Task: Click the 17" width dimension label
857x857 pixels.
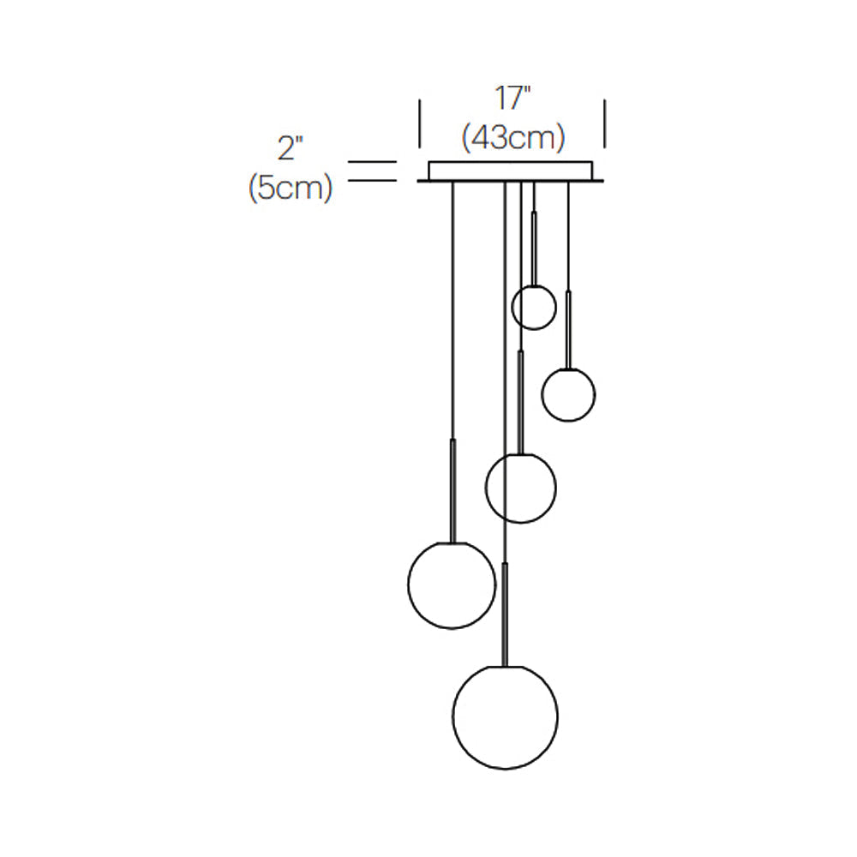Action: tap(513, 99)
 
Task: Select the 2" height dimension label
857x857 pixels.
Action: tap(291, 148)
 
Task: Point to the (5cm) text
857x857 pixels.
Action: tap(291, 187)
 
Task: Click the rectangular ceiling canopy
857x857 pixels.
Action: tap(511, 171)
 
